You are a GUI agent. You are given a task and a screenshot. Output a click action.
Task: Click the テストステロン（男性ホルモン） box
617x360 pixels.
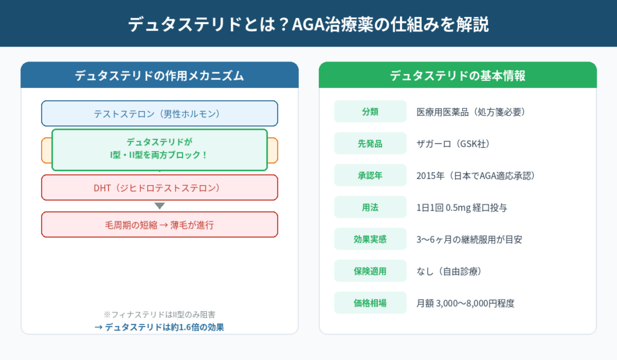pos(159,113)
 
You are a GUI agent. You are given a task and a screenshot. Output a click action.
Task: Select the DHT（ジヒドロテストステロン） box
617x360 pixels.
pos(159,188)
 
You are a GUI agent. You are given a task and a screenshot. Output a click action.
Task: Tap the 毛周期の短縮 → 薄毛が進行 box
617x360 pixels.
pos(159,225)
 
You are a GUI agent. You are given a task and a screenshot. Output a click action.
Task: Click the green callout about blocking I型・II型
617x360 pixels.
pos(159,150)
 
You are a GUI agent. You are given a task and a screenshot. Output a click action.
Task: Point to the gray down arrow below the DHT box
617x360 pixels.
pos(159,206)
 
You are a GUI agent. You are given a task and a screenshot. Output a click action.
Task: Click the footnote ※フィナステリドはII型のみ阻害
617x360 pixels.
pos(159,315)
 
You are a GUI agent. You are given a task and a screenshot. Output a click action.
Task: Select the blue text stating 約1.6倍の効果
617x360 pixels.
pos(159,327)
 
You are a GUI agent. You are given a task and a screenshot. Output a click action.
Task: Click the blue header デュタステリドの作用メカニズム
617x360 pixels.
pos(159,75)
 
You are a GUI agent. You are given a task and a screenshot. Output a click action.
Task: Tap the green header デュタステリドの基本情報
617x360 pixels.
pos(457,75)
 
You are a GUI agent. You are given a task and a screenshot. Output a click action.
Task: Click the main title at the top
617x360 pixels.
pos(308,24)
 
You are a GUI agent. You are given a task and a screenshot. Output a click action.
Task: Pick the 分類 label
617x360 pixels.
pos(370,112)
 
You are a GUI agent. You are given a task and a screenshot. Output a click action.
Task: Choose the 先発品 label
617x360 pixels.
pos(370,144)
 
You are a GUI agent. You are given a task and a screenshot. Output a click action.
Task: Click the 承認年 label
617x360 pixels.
pos(370,175)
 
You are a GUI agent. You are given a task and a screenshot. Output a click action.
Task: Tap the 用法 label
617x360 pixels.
pos(370,207)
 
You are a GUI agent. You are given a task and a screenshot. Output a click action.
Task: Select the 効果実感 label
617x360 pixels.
pos(370,239)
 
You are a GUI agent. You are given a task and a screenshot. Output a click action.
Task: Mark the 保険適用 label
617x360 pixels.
pos(370,271)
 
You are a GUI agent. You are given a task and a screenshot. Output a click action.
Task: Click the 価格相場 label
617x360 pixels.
pos(370,303)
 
